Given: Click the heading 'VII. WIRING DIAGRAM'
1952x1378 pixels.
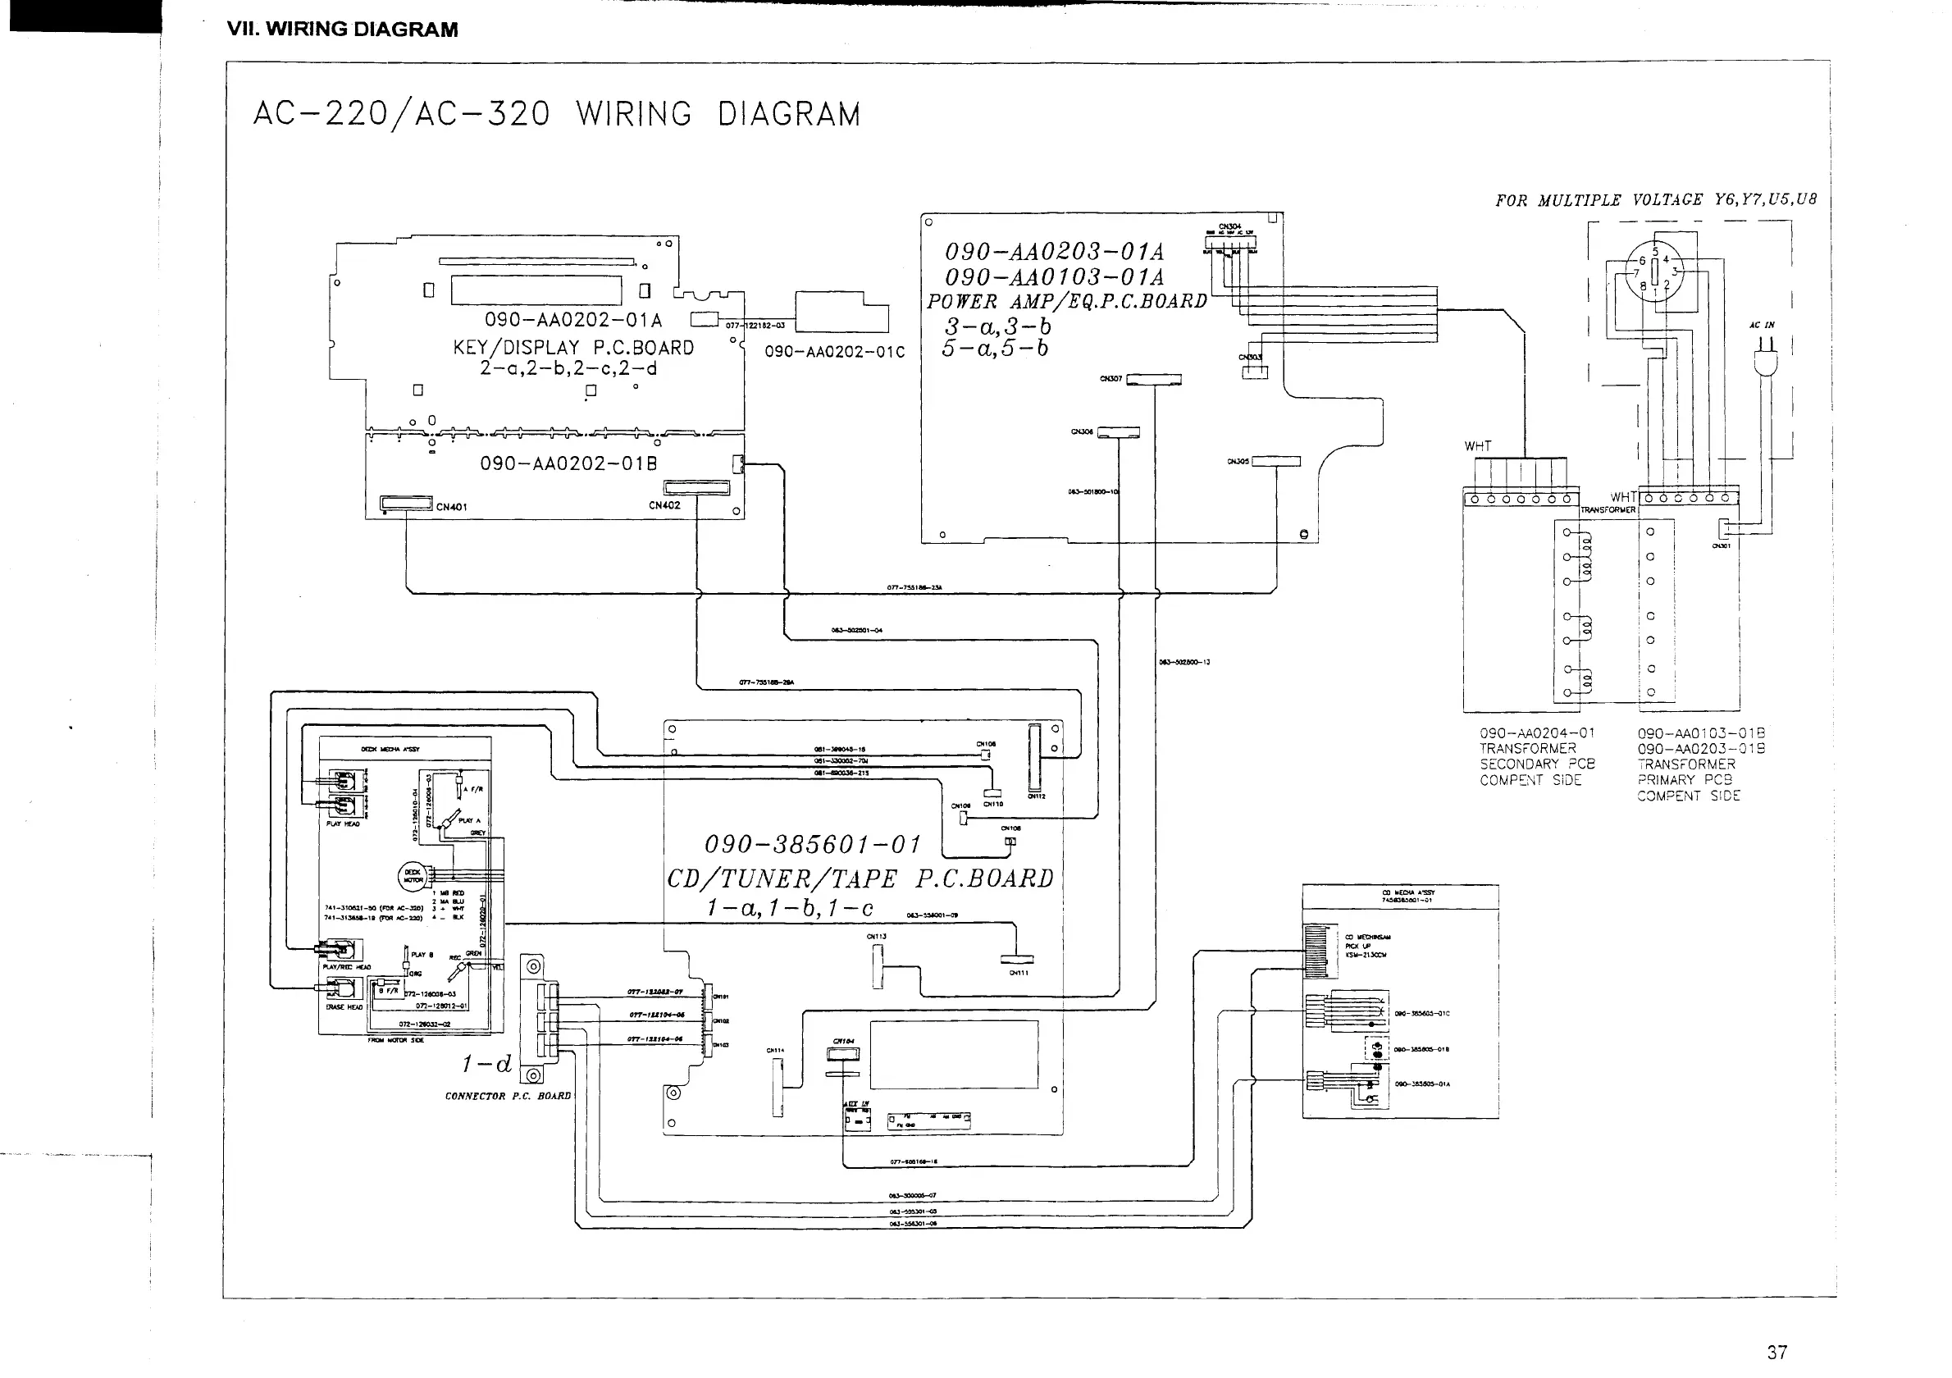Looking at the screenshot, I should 342,30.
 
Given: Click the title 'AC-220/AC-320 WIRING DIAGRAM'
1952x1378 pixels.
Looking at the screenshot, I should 557,114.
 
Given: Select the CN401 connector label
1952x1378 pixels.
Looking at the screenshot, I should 451,508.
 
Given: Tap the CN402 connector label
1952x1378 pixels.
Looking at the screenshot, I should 664,506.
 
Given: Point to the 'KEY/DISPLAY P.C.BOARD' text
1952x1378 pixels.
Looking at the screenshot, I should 573,348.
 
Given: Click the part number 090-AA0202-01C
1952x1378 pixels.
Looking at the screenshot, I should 834,352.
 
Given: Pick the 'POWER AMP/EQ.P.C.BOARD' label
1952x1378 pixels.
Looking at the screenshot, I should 1066,302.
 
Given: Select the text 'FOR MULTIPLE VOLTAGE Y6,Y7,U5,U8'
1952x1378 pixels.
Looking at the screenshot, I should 1655,201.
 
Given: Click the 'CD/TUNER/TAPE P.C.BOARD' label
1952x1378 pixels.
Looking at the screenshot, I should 860,878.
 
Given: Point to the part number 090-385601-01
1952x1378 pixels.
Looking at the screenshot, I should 813,845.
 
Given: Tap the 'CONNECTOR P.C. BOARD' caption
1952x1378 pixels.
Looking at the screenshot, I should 508,1096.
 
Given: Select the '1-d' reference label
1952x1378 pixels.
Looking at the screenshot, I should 487,1064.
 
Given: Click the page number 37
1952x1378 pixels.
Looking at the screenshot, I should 1776,1352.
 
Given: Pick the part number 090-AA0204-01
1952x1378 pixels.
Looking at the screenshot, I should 1537,732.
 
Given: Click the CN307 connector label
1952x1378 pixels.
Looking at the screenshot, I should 1111,379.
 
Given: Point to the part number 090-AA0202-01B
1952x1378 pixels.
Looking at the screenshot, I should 568,464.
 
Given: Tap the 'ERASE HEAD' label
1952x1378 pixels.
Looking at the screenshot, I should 344,1007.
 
